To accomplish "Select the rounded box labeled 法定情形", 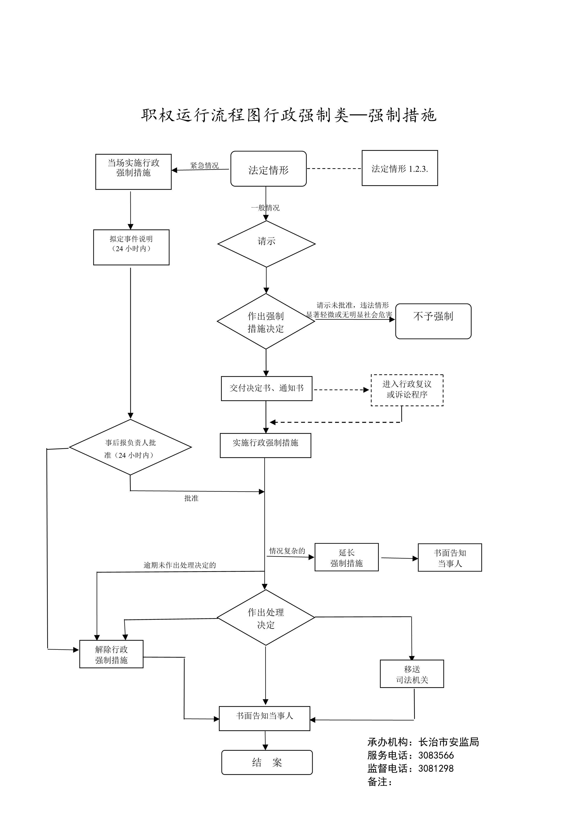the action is [268, 169].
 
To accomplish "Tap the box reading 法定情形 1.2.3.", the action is [400, 168].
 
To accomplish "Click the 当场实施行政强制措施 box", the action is [133, 172].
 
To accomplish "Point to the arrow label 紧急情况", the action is [204, 165].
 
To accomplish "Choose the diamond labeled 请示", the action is [266, 244].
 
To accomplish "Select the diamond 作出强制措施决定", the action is [266, 321].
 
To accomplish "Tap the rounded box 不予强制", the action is [433, 321].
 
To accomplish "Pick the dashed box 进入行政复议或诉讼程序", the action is [407, 390].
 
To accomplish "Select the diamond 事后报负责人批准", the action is [130, 447].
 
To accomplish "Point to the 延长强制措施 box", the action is [346, 557].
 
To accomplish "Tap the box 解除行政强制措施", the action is [111, 654].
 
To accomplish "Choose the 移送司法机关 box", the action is [412, 674].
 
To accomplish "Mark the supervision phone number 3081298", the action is [436, 769].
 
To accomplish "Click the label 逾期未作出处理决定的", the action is [180, 565].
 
